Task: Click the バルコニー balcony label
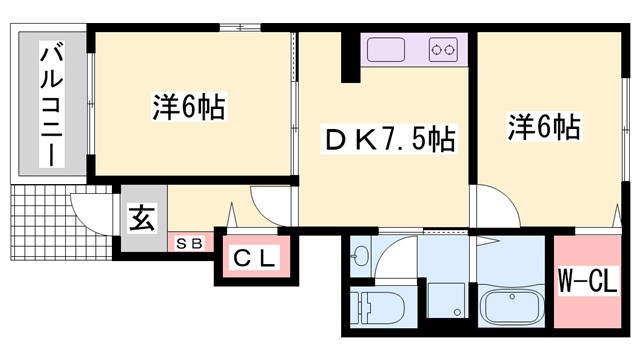point(49,104)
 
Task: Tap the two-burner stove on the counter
point(443,48)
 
